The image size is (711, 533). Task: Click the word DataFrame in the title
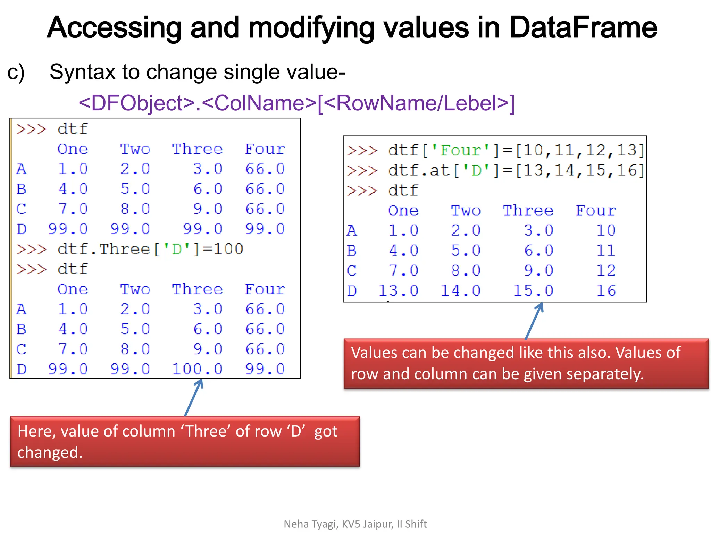click(583, 28)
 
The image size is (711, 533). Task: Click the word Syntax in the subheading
click(82, 72)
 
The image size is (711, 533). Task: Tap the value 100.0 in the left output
click(197, 369)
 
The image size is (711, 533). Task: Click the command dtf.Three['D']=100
click(150, 249)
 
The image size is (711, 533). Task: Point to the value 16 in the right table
click(606, 290)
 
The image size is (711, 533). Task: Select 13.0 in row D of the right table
click(398, 290)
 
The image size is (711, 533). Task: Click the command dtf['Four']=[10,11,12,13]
click(516, 150)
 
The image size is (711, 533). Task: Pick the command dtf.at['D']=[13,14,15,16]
click(516, 170)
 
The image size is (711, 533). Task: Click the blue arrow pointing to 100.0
click(193, 397)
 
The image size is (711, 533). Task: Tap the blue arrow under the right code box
click(534, 321)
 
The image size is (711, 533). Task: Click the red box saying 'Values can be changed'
click(526, 363)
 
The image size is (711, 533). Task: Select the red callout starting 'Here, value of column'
click(185, 441)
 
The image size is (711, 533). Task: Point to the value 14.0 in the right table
click(460, 290)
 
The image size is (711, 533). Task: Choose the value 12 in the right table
click(606, 270)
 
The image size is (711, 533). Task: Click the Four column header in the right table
click(596, 211)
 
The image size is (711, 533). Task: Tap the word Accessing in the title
click(114, 28)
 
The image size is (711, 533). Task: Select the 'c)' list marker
click(16, 72)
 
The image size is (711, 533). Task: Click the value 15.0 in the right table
click(533, 290)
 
